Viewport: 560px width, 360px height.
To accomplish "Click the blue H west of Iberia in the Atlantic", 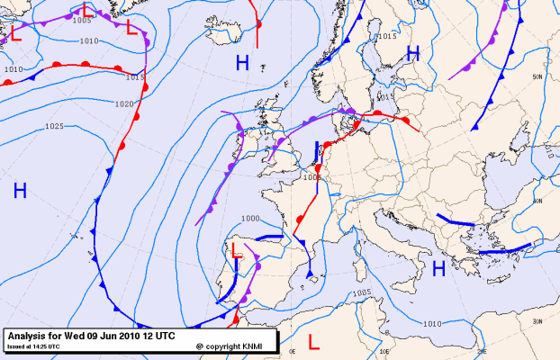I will coord(20,190).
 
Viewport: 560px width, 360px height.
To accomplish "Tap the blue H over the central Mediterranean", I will coord(438,268).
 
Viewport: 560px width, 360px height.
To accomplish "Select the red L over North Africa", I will coord(313,342).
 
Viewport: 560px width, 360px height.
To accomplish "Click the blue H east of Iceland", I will coord(242,62).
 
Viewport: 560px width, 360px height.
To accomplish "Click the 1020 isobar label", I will coord(126,104).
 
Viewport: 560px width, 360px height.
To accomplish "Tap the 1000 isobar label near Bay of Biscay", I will coord(250,219).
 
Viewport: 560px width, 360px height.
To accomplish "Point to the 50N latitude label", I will coord(538,77).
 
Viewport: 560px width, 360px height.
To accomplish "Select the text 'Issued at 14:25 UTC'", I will coord(34,346).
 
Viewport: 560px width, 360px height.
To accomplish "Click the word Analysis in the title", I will coord(28,335).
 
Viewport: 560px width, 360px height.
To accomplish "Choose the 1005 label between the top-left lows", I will coord(82,20).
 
